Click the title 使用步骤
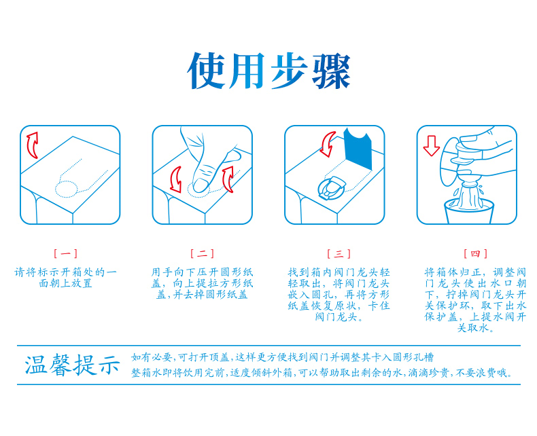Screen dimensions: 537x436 tap(269, 71)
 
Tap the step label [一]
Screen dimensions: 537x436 tap(65, 253)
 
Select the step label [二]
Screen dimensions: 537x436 tap(202, 253)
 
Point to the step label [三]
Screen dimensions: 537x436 tap(339, 253)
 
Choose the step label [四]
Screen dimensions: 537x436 tap(475, 253)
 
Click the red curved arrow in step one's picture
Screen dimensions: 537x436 tap(32, 145)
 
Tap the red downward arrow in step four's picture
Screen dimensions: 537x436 tap(431, 146)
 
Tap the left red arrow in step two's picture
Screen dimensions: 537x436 tap(176, 180)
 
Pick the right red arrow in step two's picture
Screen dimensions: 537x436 tap(228, 179)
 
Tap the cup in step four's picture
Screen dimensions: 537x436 tap(469, 212)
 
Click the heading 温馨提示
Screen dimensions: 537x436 tap(72, 365)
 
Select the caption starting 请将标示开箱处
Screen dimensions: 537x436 tap(65, 278)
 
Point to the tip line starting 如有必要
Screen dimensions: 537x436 tap(282, 357)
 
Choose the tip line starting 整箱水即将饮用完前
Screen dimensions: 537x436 tap(322, 373)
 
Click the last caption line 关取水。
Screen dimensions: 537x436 tap(475, 328)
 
